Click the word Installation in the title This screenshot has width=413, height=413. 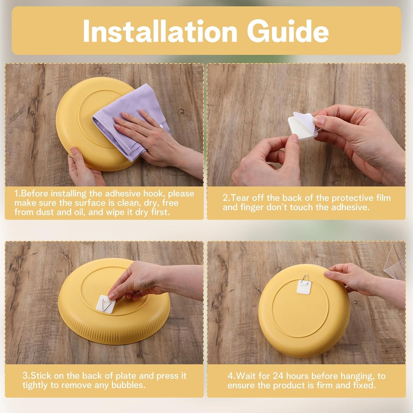click(x=160, y=31)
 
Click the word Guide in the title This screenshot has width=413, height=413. click(x=288, y=31)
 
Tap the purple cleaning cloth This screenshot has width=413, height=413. click(x=129, y=120)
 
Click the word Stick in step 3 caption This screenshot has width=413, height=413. click(x=41, y=376)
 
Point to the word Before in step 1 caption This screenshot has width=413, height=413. click(x=35, y=193)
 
